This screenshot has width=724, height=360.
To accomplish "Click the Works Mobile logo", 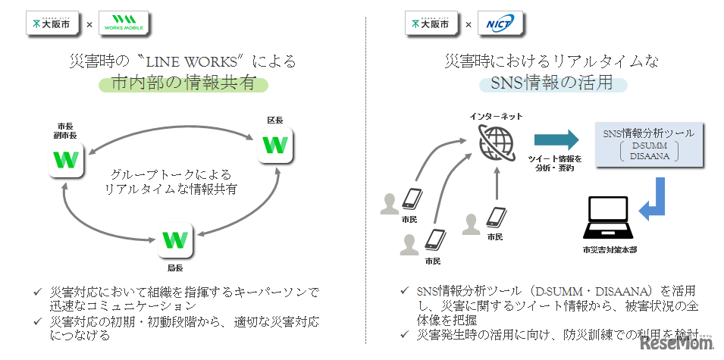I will pyautogui.click(x=123, y=23).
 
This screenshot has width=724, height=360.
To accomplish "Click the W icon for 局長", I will pyautogui.click(x=175, y=240).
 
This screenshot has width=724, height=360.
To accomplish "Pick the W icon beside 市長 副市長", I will pyautogui.click(x=67, y=160).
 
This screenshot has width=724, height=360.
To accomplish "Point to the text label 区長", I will pyautogui.click(x=274, y=120).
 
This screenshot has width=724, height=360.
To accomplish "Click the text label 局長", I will pyautogui.click(x=175, y=268).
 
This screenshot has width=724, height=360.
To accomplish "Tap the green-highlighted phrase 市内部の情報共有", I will pyautogui.click(x=183, y=84).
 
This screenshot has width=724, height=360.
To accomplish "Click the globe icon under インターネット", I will pyautogui.click(x=497, y=140).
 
